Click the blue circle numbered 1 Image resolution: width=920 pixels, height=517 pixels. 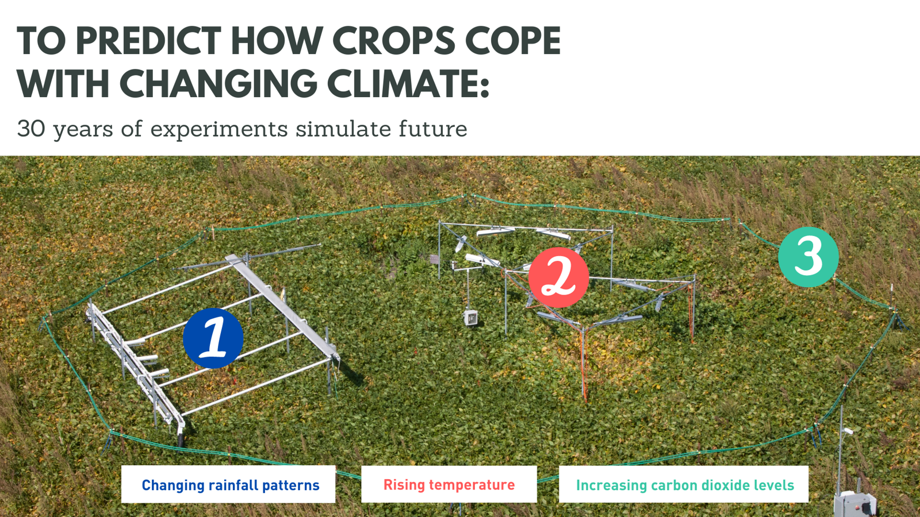(x=213, y=338)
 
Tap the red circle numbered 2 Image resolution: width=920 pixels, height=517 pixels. (x=558, y=277)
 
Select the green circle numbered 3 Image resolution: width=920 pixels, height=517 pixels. (x=808, y=257)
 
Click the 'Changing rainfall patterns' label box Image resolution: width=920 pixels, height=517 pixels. (x=228, y=484)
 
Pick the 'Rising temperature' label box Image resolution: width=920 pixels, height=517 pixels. (x=448, y=484)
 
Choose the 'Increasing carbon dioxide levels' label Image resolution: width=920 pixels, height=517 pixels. (x=684, y=484)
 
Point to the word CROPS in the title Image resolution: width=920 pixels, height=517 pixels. (x=393, y=41)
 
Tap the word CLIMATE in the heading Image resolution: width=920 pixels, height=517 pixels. (x=408, y=84)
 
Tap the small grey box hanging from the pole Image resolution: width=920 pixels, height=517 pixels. (x=471, y=318)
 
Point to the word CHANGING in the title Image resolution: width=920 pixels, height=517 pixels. (x=218, y=84)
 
